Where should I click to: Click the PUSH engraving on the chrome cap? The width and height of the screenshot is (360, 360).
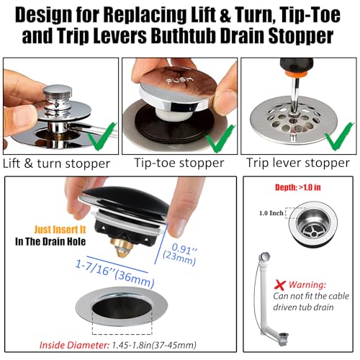tap(180, 80)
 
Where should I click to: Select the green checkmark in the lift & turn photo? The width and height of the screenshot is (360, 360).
tap(102, 135)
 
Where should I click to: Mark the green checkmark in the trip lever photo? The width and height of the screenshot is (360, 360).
tap(339, 135)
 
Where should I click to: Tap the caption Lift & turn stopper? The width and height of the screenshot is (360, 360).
tap(56, 163)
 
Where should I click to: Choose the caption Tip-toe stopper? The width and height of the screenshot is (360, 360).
tap(179, 163)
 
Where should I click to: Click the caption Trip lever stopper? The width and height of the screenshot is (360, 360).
tap(298, 163)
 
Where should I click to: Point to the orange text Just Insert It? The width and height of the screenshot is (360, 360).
tap(60, 230)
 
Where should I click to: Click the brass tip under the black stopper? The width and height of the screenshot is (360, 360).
tap(122, 247)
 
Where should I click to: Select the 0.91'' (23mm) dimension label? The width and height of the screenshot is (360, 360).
tap(180, 254)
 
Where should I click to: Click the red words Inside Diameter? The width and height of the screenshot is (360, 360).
tap(74, 346)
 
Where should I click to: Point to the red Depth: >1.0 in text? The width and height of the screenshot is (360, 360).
tap(298, 187)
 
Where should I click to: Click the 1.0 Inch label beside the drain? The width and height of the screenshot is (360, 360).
tap(271, 213)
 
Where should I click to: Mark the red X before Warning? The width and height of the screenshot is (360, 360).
tap(280, 285)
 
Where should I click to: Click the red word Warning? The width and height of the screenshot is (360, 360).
tap(307, 285)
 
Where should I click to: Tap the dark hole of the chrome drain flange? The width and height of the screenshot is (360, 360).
tap(122, 308)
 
